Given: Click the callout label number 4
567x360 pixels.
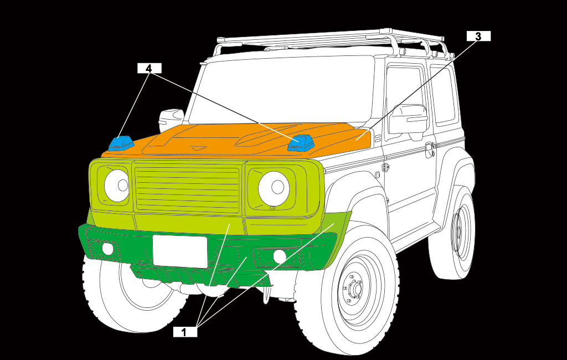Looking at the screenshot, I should (149, 68).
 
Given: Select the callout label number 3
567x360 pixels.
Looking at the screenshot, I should (478, 36).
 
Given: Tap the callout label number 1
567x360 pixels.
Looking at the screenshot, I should (185, 332).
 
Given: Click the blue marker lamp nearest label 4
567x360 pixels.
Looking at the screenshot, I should (121, 143).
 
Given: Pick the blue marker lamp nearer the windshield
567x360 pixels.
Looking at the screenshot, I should (301, 143).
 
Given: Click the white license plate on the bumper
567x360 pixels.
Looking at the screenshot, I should (180, 251).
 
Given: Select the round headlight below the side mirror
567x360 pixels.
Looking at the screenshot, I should (117, 185).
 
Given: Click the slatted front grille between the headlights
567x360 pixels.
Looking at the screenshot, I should (188, 188).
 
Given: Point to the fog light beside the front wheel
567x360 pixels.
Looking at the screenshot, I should (280, 256).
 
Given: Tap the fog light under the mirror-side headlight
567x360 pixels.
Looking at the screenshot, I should (108, 249).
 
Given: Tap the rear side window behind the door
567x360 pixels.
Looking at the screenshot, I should (444, 94).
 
